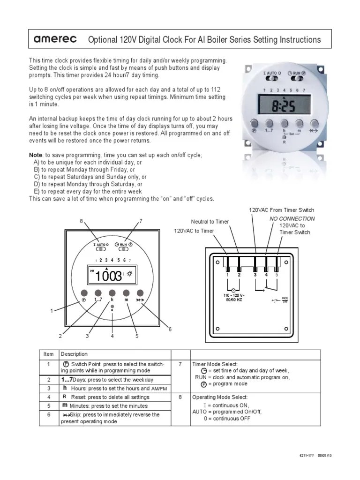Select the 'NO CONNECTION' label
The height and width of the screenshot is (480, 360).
pyautogui.click(x=292, y=219)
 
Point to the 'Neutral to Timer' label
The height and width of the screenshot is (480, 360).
pyautogui.click(x=210, y=222)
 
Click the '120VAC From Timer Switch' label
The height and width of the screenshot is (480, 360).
pyautogui.click(x=281, y=210)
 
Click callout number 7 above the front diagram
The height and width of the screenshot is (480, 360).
pyautogui.click(x=140, y=221)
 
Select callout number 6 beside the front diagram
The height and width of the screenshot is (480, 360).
pyautogui.click(x=170, y=329)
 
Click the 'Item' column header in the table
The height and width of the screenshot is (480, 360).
pyautogui.click(x=49, y=354)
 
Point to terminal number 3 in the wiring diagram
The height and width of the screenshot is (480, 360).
pyautogui.click(x=255, y=275)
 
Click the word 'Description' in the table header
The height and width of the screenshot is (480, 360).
pyautogui.click(x=74, y=354)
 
